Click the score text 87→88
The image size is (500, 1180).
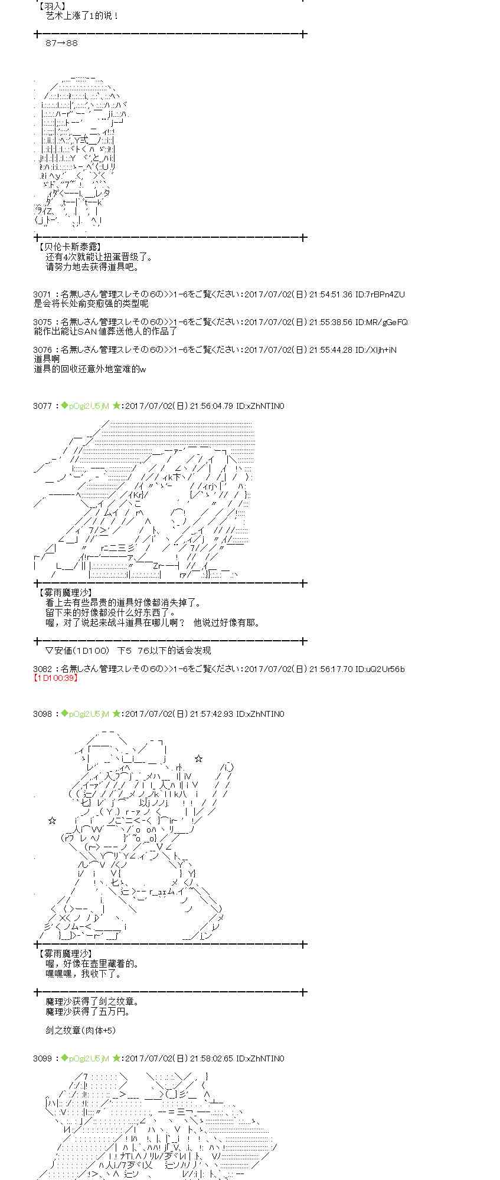point(61,43)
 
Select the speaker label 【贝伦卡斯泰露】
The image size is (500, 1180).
point(68,247)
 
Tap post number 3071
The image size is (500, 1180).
point(43,294)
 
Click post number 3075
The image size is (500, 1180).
point(43,322)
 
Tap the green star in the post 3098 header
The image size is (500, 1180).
point(116,714)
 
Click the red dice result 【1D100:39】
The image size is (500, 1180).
point(56,678)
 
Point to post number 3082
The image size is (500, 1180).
point(43,669)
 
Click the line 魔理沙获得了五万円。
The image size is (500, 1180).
point(87,1012)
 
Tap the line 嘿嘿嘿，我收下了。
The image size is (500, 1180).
point(83,974)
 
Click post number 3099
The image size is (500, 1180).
point(43,1058)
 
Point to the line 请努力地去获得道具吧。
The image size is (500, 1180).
point(92,267)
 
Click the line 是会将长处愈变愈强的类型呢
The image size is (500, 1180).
point(91,303)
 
